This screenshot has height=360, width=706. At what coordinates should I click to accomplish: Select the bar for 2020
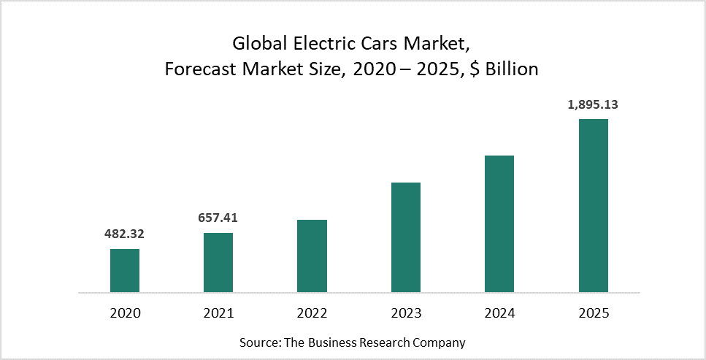(125, 271)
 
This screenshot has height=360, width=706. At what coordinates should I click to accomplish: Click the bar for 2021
(218, 263)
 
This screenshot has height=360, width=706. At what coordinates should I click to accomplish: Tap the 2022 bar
(312, 256)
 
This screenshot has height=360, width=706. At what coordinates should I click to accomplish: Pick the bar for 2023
(406, 237)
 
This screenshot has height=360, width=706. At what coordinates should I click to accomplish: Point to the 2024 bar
(499, 224)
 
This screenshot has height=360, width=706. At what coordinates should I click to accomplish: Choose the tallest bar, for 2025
(594, 206)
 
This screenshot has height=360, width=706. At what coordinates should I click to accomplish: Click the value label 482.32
(125, 234)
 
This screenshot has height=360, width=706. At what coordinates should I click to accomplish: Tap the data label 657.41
(218, 218)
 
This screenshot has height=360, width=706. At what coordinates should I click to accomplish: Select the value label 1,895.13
(593, 104)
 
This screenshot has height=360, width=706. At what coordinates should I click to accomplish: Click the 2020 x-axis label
(125, 313)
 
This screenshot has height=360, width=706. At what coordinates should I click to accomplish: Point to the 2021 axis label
(218, 313)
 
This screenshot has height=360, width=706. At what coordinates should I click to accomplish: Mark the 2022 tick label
(312, 313)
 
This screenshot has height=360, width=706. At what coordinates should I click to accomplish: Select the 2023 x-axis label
(406, 313)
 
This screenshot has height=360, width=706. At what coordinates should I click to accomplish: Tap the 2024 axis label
(499, 313)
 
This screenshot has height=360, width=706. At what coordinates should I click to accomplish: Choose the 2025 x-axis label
(594, 313)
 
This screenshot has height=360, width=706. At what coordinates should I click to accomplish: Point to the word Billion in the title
(512, 69)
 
